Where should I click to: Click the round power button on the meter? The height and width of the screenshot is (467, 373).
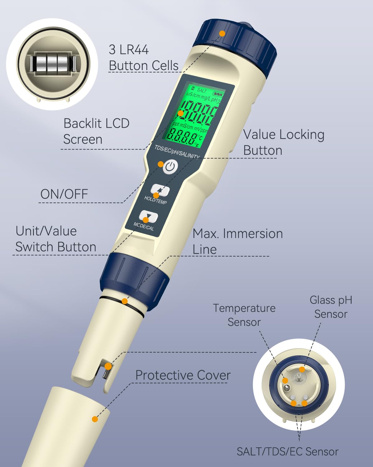(170, 167)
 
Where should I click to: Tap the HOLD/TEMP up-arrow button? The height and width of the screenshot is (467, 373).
(160, 190)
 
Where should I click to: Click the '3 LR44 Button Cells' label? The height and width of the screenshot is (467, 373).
(144, 58)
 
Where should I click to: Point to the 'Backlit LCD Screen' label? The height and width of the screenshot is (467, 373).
(96, 131)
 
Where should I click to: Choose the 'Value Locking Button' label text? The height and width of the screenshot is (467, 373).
(284, 142)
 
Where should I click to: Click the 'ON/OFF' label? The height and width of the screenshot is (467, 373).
(64, 194)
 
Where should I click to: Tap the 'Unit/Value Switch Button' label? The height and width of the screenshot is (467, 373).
(56, 239)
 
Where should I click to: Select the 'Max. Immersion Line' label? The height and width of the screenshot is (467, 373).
(237, 241)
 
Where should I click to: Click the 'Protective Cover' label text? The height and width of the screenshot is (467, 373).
(183, 375)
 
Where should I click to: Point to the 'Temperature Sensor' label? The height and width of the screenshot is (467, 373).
(244, 315)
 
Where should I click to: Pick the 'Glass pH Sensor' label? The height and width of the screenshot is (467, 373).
(331, 307)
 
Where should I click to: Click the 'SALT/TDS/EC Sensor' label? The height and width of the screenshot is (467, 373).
(288, 452)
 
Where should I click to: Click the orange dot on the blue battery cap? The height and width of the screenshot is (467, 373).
(222, 33)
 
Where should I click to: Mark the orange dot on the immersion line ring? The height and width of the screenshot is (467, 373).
(124, 301)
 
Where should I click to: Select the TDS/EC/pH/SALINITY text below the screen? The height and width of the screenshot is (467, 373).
(177, 152)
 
